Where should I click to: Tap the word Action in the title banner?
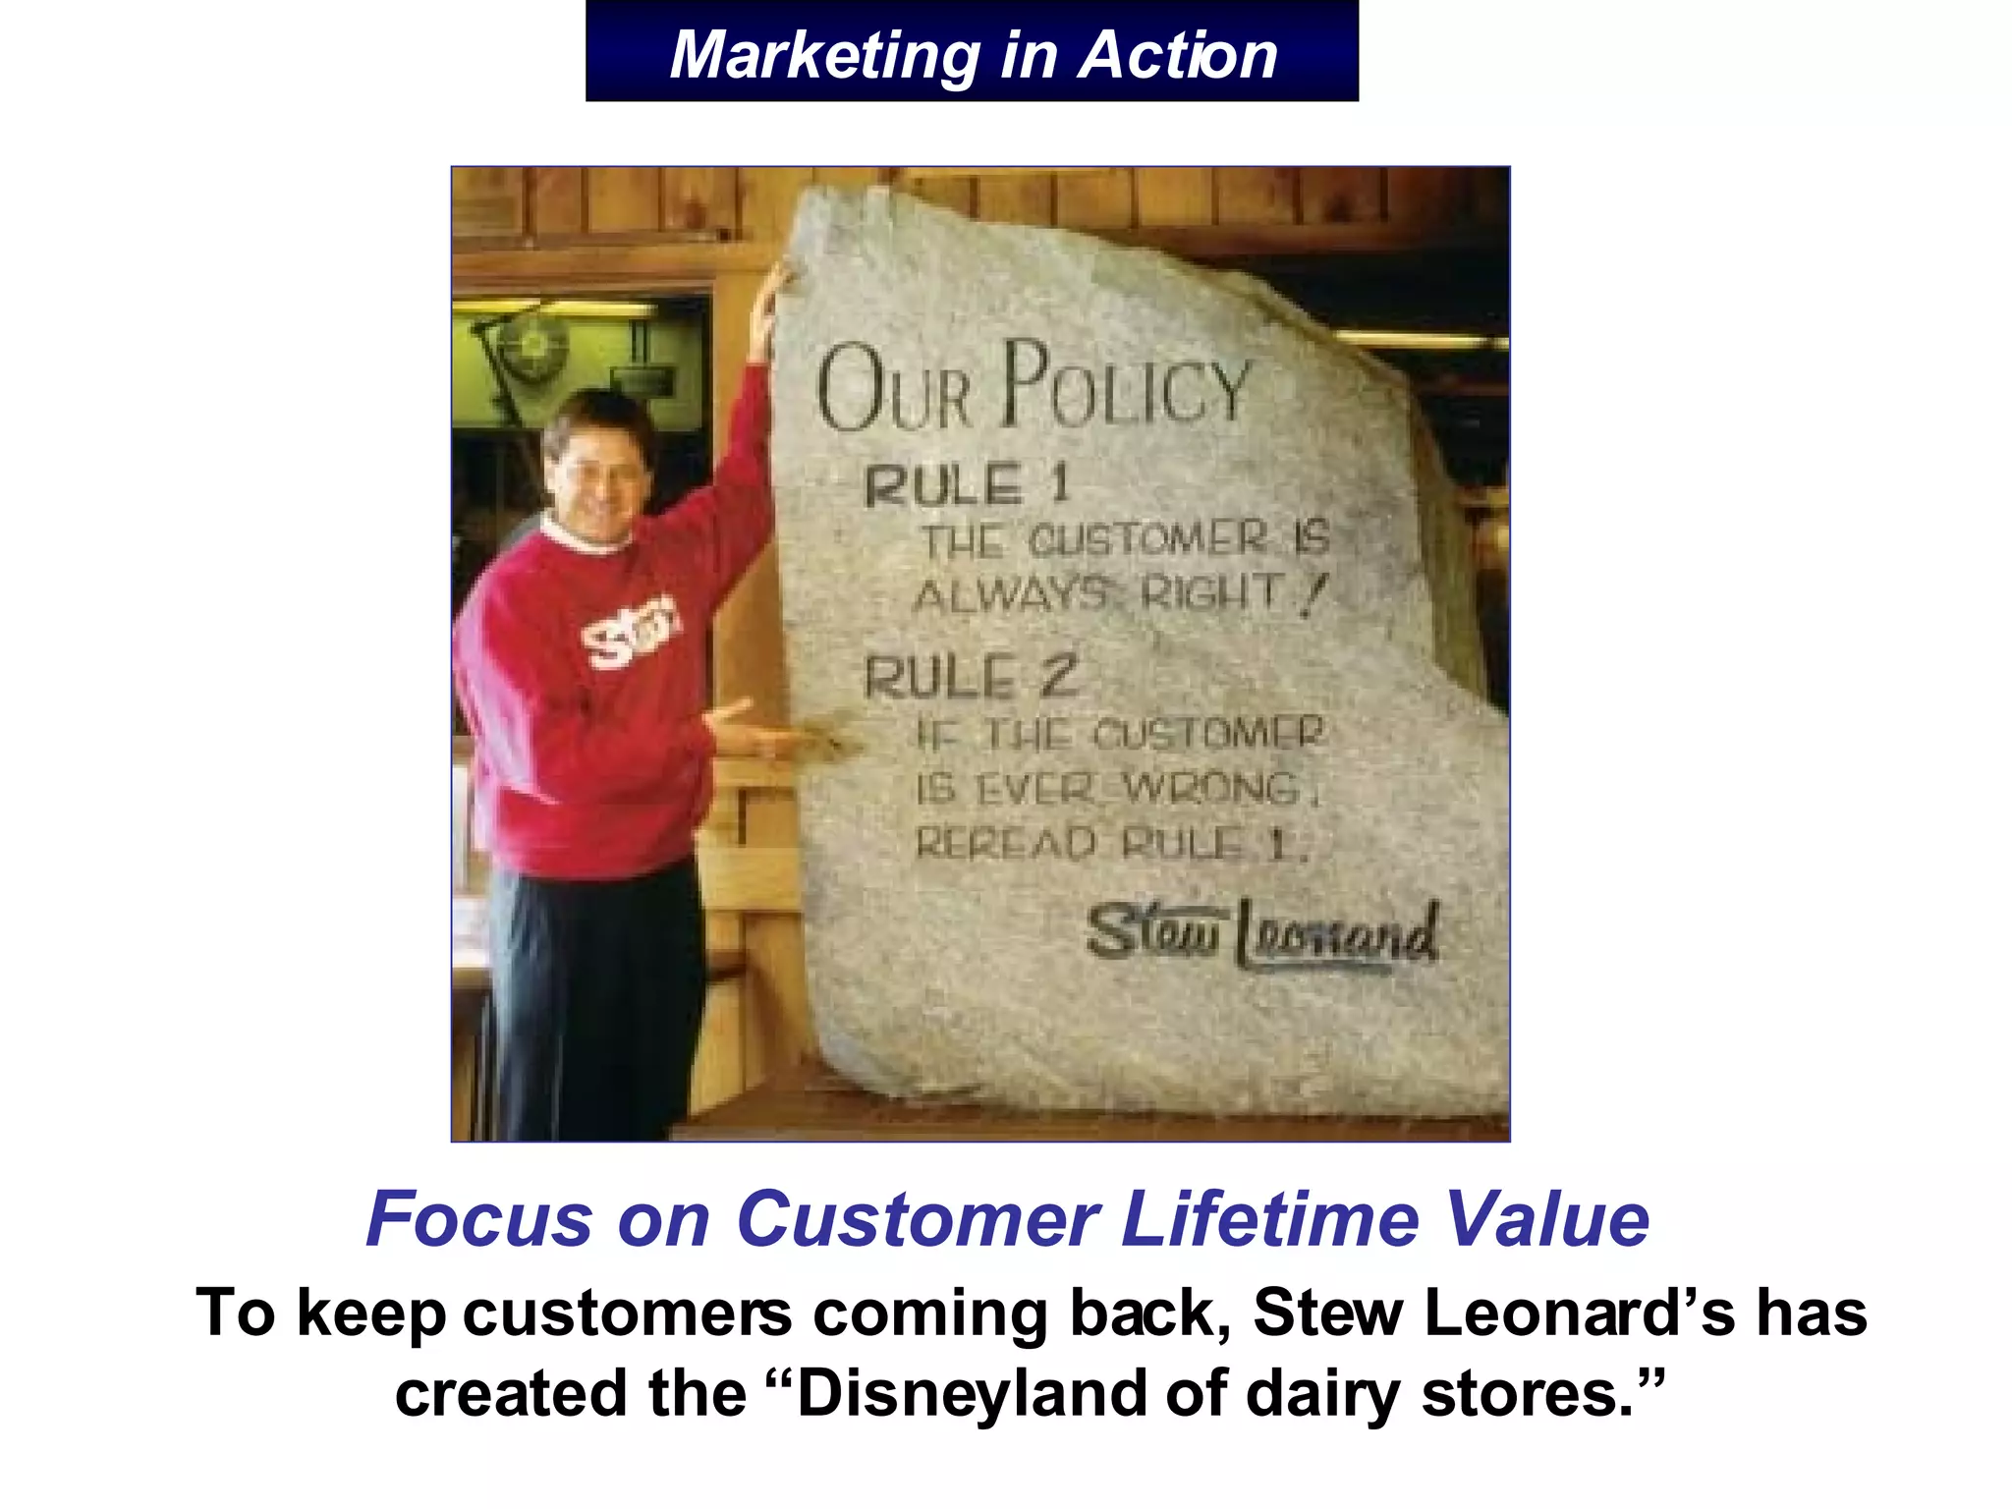click(1178, 55)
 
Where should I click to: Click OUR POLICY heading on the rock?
click(1032, 388)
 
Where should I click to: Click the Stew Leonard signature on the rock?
click(1262, 932)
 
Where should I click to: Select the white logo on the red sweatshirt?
click(629, 631)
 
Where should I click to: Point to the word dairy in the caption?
click(1322, 1395)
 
